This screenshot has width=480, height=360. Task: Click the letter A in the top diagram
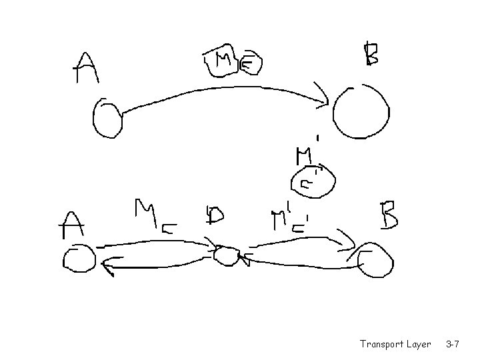85,67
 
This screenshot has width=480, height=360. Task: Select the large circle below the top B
361,112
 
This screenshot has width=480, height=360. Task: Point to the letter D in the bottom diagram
215,215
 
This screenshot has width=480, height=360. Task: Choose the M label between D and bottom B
287,219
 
